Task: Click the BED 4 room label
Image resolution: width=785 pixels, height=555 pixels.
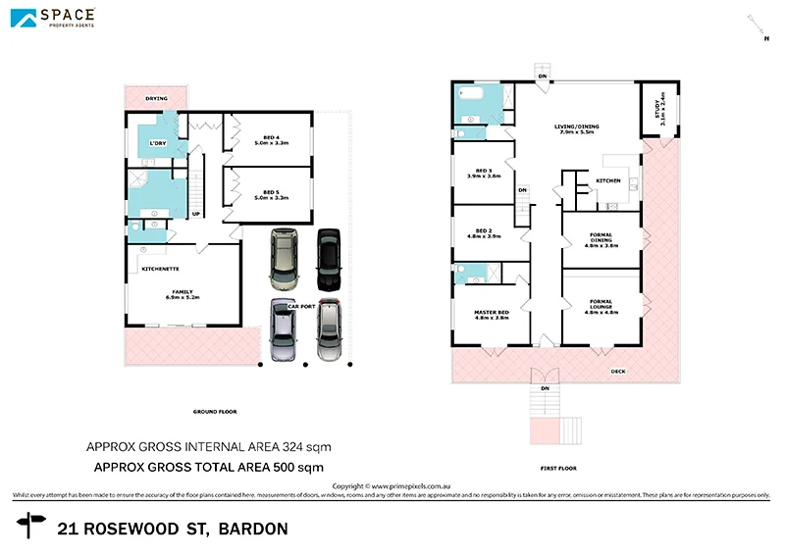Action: pos(270,137)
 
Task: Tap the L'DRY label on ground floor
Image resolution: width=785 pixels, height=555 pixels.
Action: pos(157,144)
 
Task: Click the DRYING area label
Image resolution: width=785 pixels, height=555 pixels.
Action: pos(156,99)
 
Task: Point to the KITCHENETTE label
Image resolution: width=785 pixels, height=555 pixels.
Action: pos(159,267)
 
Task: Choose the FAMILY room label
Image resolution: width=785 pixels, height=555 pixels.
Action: pos(183,291)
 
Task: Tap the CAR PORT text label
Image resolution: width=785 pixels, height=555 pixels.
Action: pos(300,308)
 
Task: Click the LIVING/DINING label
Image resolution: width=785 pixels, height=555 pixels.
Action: pos(576,126)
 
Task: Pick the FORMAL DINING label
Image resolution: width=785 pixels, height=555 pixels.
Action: pos(601,235)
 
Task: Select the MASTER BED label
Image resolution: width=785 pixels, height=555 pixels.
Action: pos(491,313)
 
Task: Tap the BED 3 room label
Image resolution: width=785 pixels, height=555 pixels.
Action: pos(483,171)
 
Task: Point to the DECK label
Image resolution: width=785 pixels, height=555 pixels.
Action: pos(617,372)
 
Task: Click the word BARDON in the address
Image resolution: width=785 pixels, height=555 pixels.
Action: pos(253,530)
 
